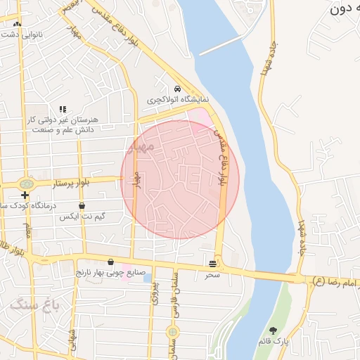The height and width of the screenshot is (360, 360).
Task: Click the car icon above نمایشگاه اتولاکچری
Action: point(178,89)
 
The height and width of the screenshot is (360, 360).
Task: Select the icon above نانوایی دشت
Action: point(17,24)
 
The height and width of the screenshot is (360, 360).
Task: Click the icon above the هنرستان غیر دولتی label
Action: point(63,109)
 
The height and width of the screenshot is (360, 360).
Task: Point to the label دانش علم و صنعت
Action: point(63,130)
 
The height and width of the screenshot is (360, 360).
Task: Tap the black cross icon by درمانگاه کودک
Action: point(25,195)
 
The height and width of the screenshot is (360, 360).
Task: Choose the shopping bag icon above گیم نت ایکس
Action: point(82,206)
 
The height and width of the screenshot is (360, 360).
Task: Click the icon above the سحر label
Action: point(212,264)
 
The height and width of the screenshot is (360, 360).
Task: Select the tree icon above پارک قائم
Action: point(273,330)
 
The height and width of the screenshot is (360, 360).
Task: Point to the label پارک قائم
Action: point(273,341)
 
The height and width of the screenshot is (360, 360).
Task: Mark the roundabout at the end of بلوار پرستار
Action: point(28,182)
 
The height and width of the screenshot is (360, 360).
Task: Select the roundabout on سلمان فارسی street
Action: point(172,331)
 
